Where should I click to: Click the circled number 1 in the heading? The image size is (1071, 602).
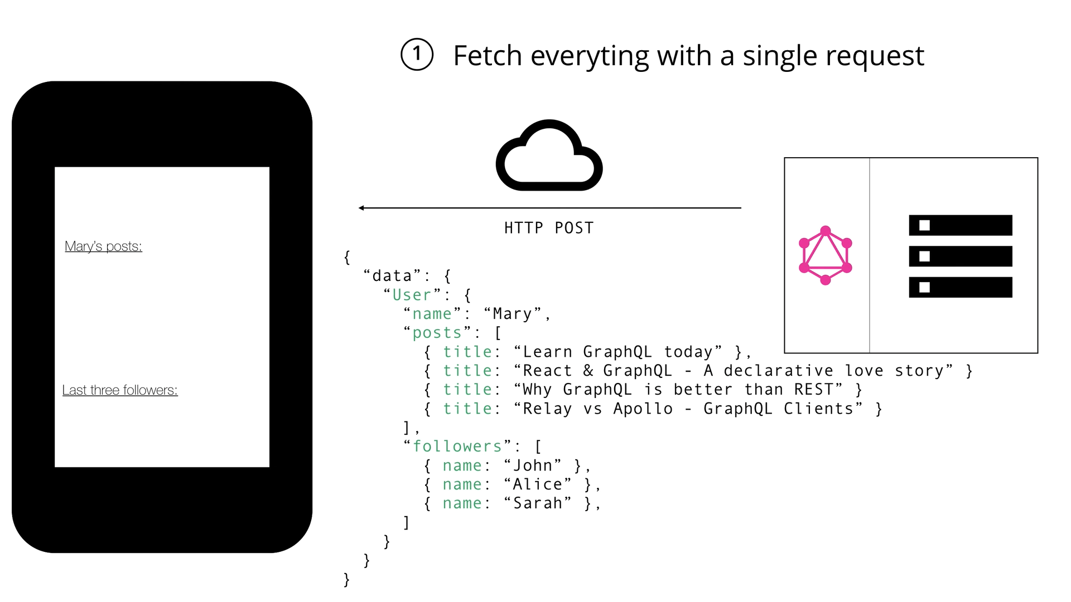tap(417, 55)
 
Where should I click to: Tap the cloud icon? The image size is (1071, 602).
tap(549, 156)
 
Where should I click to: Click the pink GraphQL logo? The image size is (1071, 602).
tap(826, 255)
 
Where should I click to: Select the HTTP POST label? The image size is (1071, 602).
tap(549, 228)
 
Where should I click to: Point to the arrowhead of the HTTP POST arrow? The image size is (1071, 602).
tap(361, 208)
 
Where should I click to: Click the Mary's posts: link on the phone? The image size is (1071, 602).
tap(103, 246)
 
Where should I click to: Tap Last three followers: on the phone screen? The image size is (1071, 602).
tap(120, 390)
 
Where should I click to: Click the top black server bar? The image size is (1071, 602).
tap(960, 225)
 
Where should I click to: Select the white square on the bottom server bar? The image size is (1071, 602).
tap(924, 288)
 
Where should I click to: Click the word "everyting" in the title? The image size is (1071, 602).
tap(590, 56)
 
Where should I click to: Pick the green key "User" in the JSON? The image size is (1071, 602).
tap(412, 295)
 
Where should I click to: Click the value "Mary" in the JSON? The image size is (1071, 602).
tap(513, 314)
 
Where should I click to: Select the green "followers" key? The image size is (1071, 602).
tap(457, 446)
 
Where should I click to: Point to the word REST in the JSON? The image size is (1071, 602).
tap(814, 390)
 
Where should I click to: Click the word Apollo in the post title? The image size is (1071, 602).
tap(643, 409)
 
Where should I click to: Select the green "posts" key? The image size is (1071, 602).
tap(437, 333)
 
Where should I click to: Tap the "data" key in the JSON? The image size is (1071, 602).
tap(392, 276)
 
